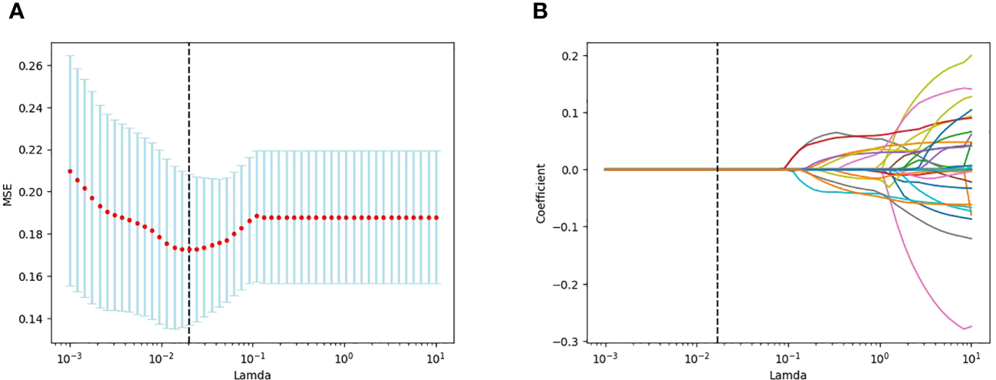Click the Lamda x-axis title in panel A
pyautogui.click(x=253, y=375)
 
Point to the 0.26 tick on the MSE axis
pyautogui.click(x=31, y=66)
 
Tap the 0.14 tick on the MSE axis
pyautogui.click(x=31, y=319)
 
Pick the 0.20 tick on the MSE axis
pyautogui.click(x=31, y=192)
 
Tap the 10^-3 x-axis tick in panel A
pyautogui.click(x=70, y=359)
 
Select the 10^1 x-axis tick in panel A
pyautogui.click(x=436, y=359)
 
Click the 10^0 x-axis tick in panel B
pyautogui.click(x=879, y=359)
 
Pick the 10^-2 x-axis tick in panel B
pyautogui.click(x=696, y=359)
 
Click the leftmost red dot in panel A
pyautogui.click(x=70, y=171)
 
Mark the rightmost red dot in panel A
pyautogui.click(x=436, y=218)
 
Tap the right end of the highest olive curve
pyautogui.click(x=971, y=55)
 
